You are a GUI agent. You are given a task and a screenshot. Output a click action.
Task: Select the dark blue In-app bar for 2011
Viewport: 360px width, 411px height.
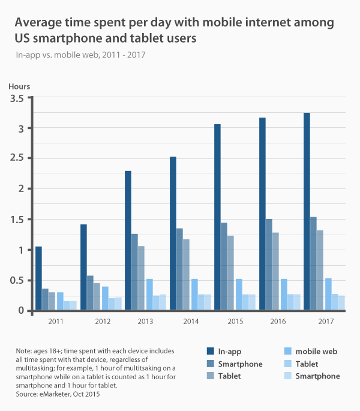point(38,278)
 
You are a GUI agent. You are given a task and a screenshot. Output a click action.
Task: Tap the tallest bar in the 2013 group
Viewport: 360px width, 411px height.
point(128,241)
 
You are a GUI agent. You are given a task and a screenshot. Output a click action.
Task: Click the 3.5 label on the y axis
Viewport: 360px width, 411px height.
point(17,98)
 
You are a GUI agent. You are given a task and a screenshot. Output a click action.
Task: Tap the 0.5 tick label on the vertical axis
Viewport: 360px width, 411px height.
point(17,280)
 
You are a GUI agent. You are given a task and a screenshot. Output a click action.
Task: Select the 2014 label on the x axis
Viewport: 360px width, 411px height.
point(191,322)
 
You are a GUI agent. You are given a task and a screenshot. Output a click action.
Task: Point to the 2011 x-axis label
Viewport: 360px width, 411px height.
point(57,322)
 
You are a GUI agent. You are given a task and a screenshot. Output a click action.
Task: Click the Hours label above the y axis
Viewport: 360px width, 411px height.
point(19,87)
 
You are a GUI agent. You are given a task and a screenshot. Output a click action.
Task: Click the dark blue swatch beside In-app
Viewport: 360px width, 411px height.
point(211,352)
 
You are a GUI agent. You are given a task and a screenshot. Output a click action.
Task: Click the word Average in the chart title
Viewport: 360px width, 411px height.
point(38,23)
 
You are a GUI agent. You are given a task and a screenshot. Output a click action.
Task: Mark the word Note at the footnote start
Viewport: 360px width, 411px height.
point(25,350)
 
